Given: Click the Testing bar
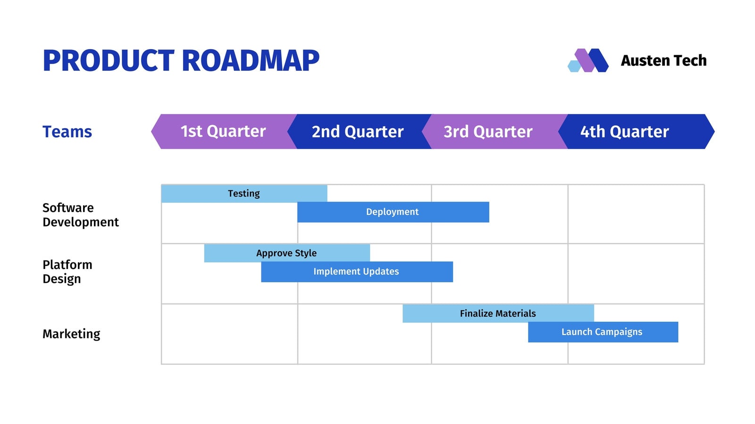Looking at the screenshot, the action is coord(244,194).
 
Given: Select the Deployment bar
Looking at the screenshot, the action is coord(393,212).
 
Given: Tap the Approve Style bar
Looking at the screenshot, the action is coord(287,253).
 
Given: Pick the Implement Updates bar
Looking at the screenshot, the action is coord(357,271).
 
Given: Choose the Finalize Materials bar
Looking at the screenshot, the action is coord(498,314).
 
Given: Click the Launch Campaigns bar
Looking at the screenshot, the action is coord(603,332).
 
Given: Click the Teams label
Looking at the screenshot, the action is coord(67,131).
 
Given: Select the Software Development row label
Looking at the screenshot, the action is coord(81,215).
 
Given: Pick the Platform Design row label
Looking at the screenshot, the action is coord(67,272).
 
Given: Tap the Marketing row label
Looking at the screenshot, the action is coord(71,334).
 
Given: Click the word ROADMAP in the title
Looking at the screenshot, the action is coord(251,61).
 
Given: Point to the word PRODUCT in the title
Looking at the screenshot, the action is coord(109,61).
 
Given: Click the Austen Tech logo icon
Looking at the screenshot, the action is coord(588,60).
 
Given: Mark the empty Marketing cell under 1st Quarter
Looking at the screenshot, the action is coord(229,334).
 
